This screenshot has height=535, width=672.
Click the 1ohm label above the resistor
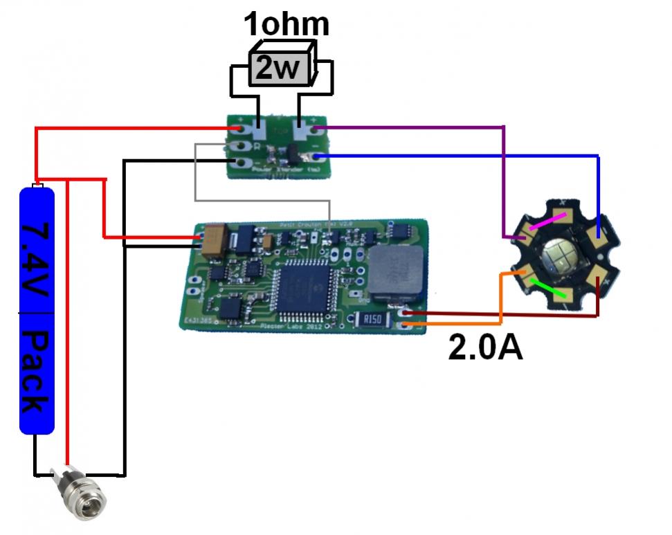pyautogui.click(x=286, y=24)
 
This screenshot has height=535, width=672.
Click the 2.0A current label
pyautogui.click(x=485, y=347)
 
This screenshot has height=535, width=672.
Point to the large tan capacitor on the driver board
pyautogui.click(x=212, y=239)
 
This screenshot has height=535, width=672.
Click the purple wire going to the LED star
pyautogui.click(x=503, y=180)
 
